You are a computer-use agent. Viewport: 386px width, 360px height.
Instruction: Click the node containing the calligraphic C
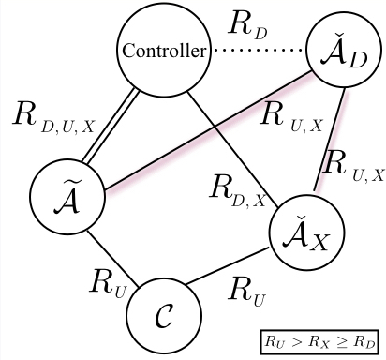[x=166, y=315]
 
